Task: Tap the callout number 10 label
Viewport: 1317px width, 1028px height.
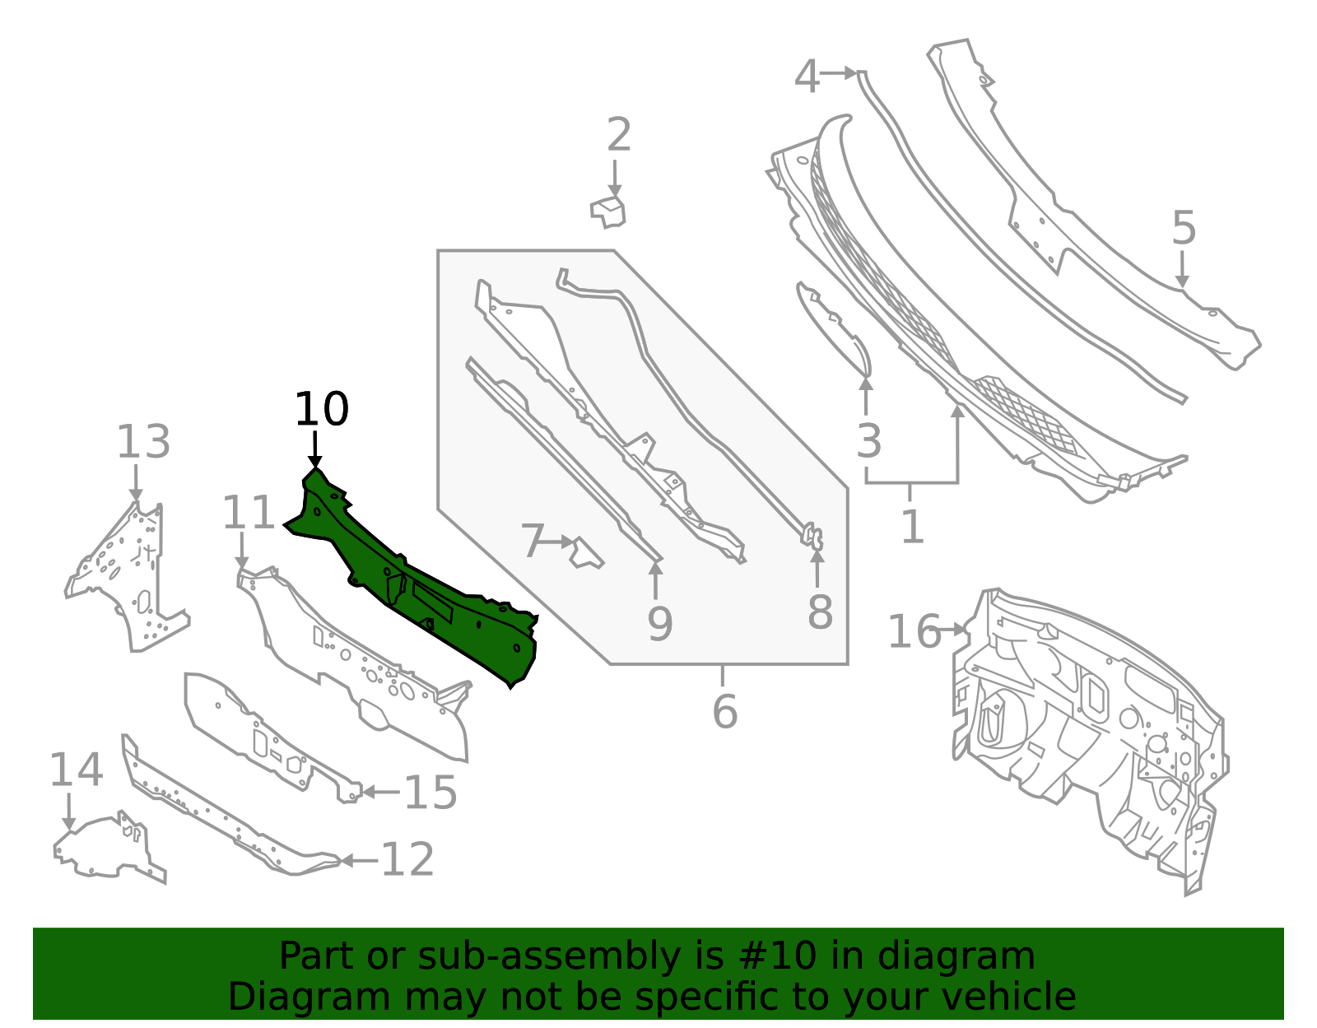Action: tap(321, 410)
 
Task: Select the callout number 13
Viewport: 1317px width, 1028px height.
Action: tap(143, 442)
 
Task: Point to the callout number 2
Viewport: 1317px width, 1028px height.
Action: tap(619, 134)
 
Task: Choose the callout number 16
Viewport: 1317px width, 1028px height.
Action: tap(914, 632)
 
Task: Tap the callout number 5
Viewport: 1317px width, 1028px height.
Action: tap(1184, 228)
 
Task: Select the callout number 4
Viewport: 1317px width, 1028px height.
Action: tap(807, 77)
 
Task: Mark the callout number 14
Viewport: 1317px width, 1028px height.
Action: tap(77, 770)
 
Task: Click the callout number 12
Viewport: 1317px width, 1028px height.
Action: tap(407, 859)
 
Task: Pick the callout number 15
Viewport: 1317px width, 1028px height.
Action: tap(430, 793)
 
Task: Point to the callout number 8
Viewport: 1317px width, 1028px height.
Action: tap(820, 612)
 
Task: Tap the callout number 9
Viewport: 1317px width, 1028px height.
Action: tap(660, 624)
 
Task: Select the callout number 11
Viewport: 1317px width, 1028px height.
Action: tap(249, 513)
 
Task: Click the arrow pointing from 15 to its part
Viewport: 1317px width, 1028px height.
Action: tap(380, 792)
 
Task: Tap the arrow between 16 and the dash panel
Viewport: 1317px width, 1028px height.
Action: tap(952, 630)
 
